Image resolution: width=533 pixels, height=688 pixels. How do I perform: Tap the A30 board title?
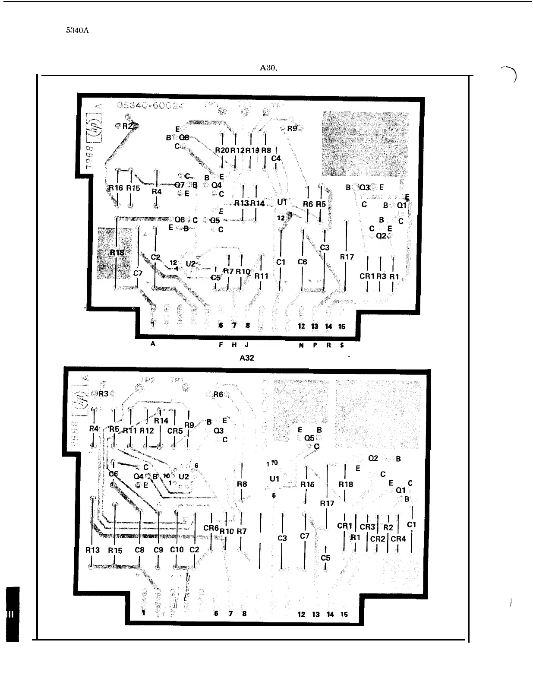268,68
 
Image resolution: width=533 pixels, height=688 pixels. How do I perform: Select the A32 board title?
247,358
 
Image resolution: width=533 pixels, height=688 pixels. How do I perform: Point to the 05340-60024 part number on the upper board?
150,105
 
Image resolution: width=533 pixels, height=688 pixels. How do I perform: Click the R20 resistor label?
222,150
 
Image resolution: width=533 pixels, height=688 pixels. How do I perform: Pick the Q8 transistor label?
184,138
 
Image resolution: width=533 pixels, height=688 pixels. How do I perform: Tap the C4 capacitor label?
276,159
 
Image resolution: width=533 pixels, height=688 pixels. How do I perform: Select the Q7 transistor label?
180,185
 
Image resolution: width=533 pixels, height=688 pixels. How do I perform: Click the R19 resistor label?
252,150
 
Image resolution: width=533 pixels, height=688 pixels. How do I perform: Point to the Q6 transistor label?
180,219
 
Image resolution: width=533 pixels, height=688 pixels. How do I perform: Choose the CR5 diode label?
175,431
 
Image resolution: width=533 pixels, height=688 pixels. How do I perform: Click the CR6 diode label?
211,528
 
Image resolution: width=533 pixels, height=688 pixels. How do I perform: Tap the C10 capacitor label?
177,550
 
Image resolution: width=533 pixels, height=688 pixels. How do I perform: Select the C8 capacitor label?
139,550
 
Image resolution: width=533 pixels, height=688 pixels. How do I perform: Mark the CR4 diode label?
398,539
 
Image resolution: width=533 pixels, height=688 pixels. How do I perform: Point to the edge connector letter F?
221,345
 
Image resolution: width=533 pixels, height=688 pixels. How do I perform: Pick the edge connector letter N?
301,345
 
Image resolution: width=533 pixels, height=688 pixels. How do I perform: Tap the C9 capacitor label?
158,550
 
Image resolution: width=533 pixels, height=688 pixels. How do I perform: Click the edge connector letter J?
246,345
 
